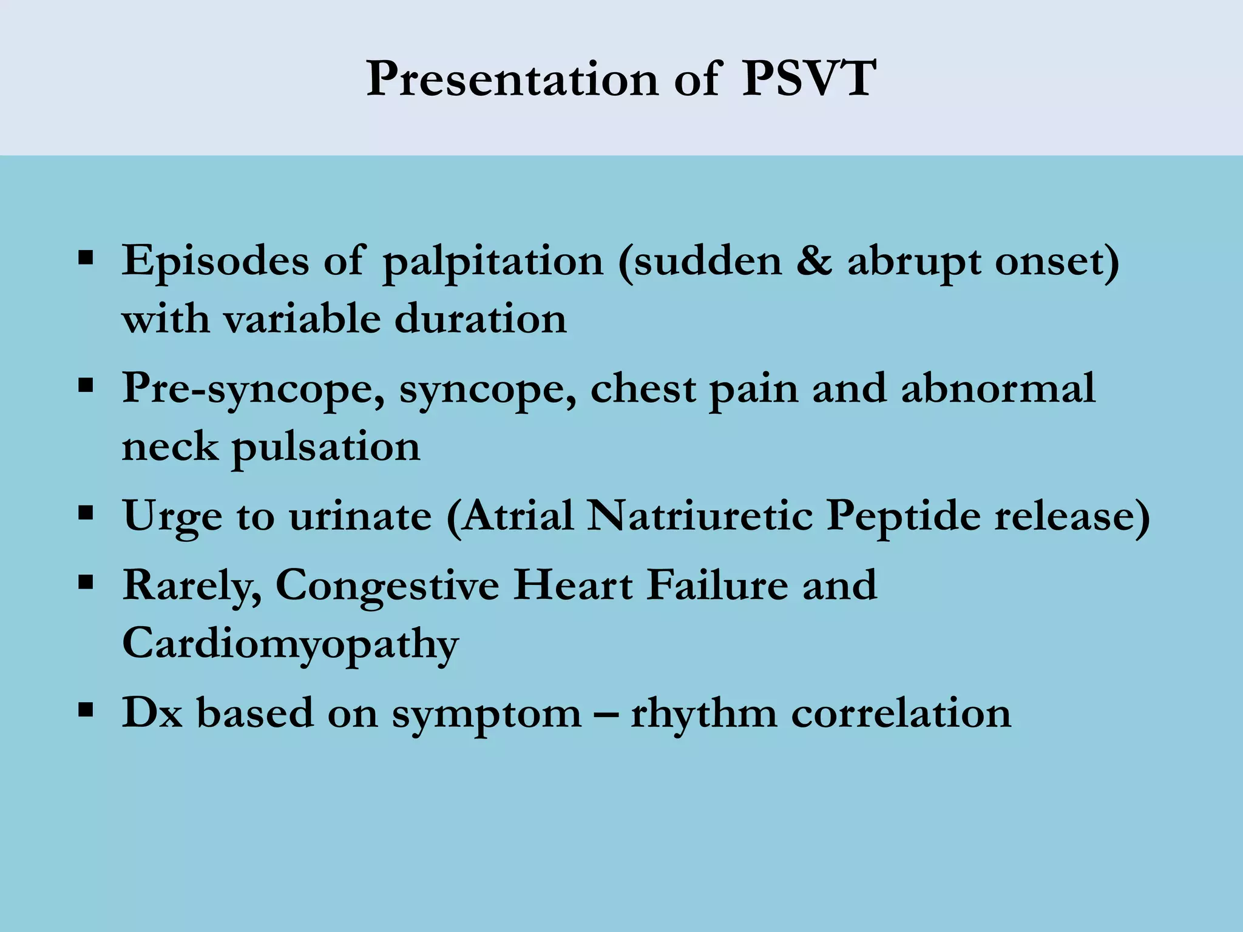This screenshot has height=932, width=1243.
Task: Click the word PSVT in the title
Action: point(808,79)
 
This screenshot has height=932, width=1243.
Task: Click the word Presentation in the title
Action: point(512,79)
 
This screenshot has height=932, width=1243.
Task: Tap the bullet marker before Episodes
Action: point(86,259)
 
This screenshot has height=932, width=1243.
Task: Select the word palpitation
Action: point(493,262)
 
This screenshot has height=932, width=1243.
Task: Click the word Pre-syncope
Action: point(253,389)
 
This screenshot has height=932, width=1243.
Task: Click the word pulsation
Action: point(326,447)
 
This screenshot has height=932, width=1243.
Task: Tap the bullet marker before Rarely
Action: point(86,583)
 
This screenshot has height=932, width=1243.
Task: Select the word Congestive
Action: point(387,586)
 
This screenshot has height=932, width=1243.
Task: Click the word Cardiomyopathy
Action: point(290,644)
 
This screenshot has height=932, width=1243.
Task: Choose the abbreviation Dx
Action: point(152,712)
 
